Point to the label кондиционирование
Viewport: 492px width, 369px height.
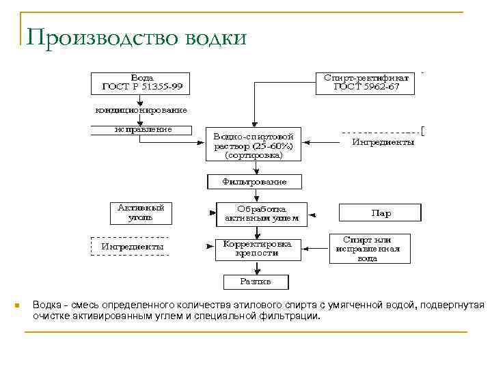[x=141, y=109]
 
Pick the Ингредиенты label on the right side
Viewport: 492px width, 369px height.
[x=383, y=142]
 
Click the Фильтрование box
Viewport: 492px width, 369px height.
[x=254, y=182]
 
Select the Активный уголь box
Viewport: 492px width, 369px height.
[x=141, y=213]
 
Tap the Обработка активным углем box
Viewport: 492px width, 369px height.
[x=261, y=214]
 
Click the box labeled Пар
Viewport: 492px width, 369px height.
[x=381, y=213]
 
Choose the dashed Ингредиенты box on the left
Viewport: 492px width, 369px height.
[x=132, y=246]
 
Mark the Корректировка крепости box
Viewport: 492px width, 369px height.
[x=258, y=248]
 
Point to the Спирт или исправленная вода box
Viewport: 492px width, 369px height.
[x=371, y=249]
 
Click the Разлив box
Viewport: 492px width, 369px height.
[x=256, y=281]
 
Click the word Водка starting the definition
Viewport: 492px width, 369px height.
[x=47, y=305]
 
